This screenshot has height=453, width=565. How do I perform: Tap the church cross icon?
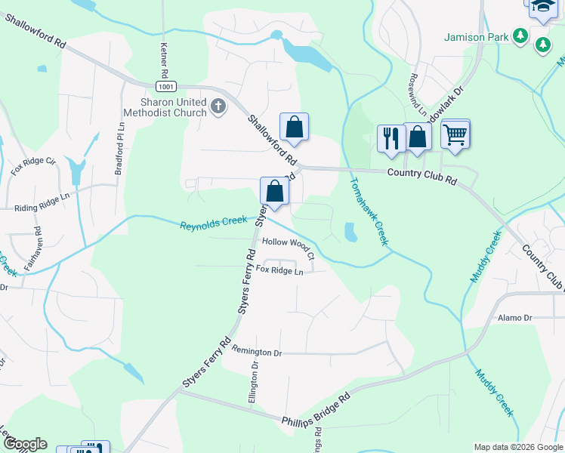click(x=218, y=106)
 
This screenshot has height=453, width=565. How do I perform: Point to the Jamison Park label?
click(x=474, y=36)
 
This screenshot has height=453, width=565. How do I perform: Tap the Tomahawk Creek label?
click(x=370, y=211)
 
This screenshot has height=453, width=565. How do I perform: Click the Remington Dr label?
click(x=257, y=352)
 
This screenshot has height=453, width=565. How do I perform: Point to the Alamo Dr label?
click(x=515, y=318)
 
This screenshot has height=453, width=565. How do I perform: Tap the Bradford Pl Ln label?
click(x=119, y=149)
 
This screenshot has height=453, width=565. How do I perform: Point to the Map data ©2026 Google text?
click(x=518, y=447)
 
